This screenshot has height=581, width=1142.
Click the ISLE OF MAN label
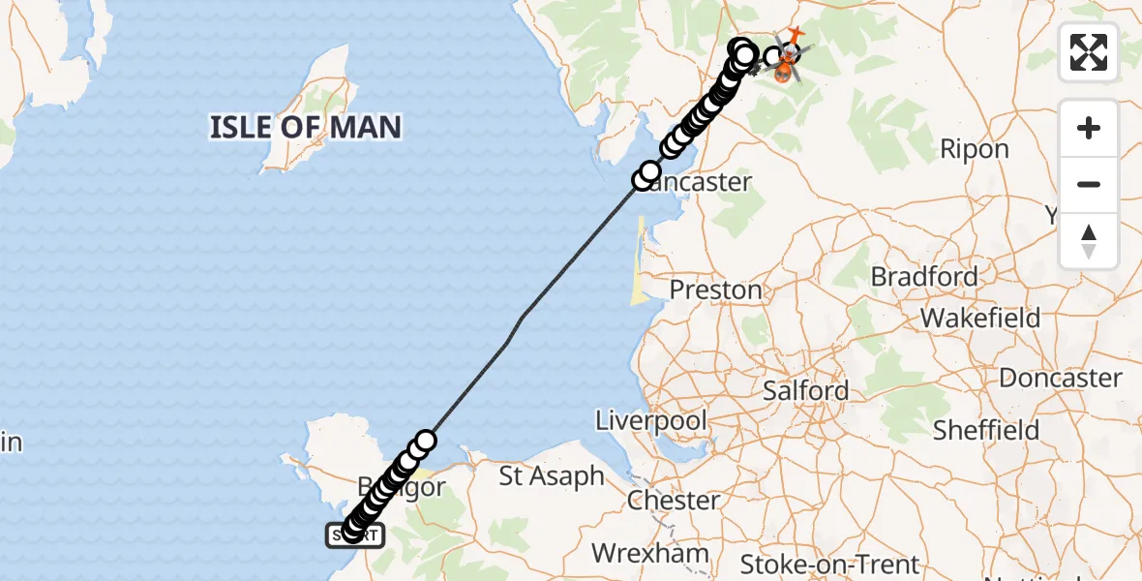tap(305, 127)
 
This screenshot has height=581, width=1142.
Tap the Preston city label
tap(716, 290)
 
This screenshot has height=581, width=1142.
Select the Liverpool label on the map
tap(651, 421)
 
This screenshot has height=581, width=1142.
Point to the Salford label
tap(806, 391)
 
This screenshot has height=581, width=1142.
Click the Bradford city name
tap(924, 277)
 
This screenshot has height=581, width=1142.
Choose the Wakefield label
tap(980, 318)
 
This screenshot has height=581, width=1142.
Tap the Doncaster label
tap(1061, 378)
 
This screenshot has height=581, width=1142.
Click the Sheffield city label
tap(986, 430)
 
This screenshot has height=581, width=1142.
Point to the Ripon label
tap(977, 149)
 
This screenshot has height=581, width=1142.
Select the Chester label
tap(674, 501)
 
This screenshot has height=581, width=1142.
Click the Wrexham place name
tap(649, 554)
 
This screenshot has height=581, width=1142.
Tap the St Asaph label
tap(552, 476)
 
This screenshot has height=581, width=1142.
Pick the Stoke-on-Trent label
tap(830, 564)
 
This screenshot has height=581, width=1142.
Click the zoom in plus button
tap(1089, 129)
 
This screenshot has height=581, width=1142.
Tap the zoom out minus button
tap(1089, 185)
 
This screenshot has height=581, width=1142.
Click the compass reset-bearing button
tap(1089, 241)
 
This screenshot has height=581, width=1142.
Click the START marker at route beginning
tap(357, 535)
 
